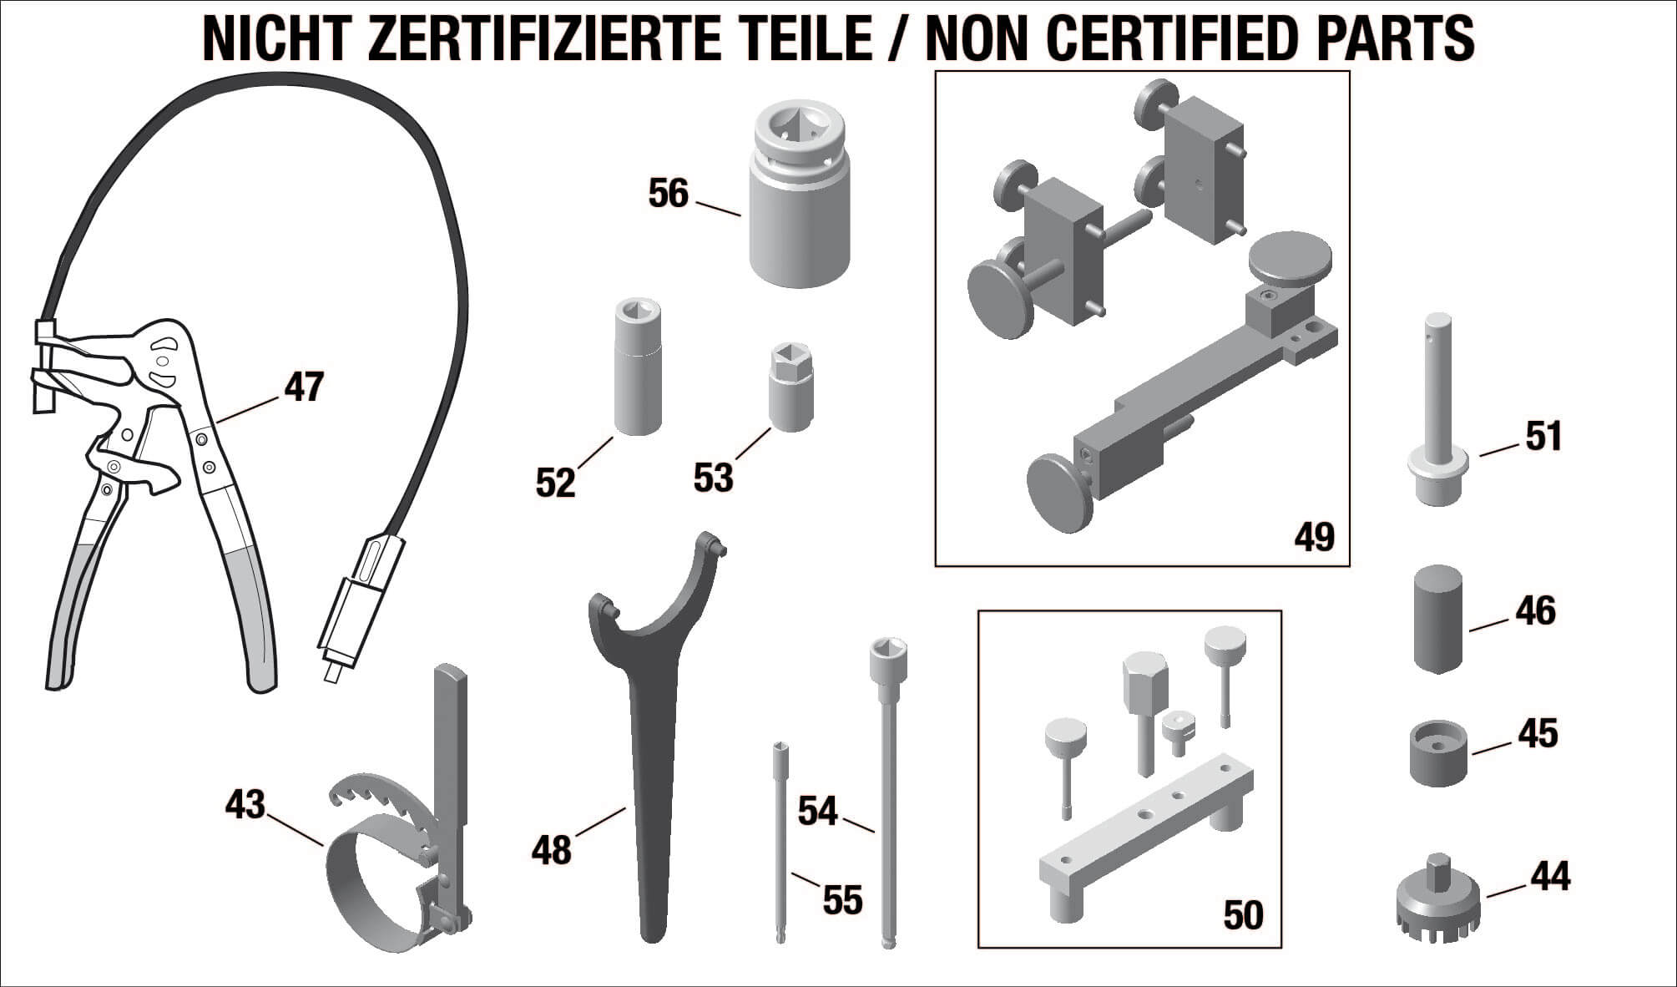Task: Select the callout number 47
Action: point(304,387)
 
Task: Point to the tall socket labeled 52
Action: point(638,367)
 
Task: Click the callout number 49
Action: point(1315,536)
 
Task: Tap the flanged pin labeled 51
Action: point(1440,409)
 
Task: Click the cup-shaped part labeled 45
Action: point(1438,754)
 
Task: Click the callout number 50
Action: point(1243,915)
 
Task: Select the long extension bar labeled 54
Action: point(887,793)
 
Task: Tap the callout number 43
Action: point(245,805)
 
